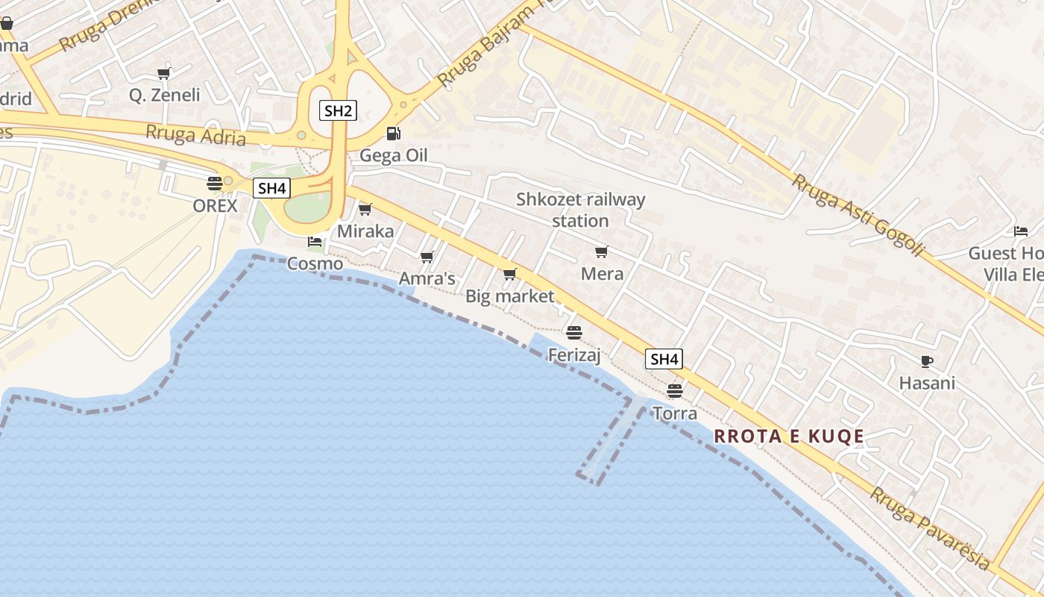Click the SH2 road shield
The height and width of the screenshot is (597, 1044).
(x=338, y=111)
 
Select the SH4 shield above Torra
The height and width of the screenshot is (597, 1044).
(x=663, y=359)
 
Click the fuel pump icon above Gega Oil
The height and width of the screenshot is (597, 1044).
(x=393, y=134)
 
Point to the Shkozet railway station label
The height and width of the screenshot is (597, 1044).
(x=580, y=210)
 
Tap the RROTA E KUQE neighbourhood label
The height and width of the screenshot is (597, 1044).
(x=789, y=437)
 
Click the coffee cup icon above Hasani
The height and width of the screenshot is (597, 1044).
(x=926, y=362)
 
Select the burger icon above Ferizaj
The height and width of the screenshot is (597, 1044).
(x=573, y=332)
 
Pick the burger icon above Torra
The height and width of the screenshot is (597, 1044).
(x=675, y=391)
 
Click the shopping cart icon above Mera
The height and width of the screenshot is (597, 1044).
(x=601, y=252)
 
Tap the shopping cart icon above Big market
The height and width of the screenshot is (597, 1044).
(x=509, y=275)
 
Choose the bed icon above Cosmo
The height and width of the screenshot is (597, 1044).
(x=315, y=242)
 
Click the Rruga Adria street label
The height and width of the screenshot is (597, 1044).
(x=195, y=135)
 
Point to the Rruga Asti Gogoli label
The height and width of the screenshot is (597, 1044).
(x=858, y=216)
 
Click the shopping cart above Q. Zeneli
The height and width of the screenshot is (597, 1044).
(x=163, y=73)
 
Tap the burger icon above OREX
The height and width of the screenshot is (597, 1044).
(x=215, y=183)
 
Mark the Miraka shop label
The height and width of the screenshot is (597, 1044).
(x=365, y=231)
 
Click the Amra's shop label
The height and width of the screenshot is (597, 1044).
(x=427, y=278)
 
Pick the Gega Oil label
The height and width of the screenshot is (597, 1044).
(x=394, y=155)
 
